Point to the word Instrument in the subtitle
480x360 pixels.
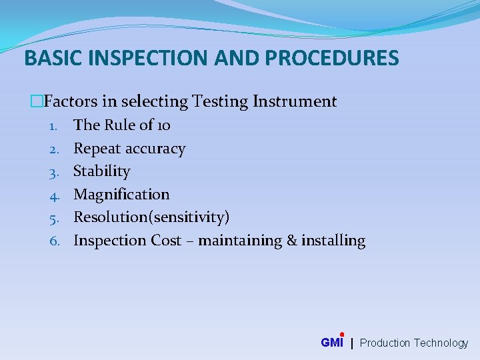pos(295,101)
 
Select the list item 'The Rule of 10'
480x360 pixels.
pos(122,125)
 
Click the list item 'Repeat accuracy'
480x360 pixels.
pos(129,148)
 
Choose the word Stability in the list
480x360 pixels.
pos(101,171)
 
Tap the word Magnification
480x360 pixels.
pos(121,195)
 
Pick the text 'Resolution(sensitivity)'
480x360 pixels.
pos(151,217)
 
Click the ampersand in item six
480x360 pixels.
pos(291,241)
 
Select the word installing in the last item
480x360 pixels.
pos(333,241)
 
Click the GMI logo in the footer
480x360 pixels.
pos(332,343)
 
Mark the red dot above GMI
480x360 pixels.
pos(342,335)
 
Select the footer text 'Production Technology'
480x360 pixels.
pos(414,343)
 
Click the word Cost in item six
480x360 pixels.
pos(166,241)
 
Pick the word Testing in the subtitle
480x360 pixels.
pos(219,101)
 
